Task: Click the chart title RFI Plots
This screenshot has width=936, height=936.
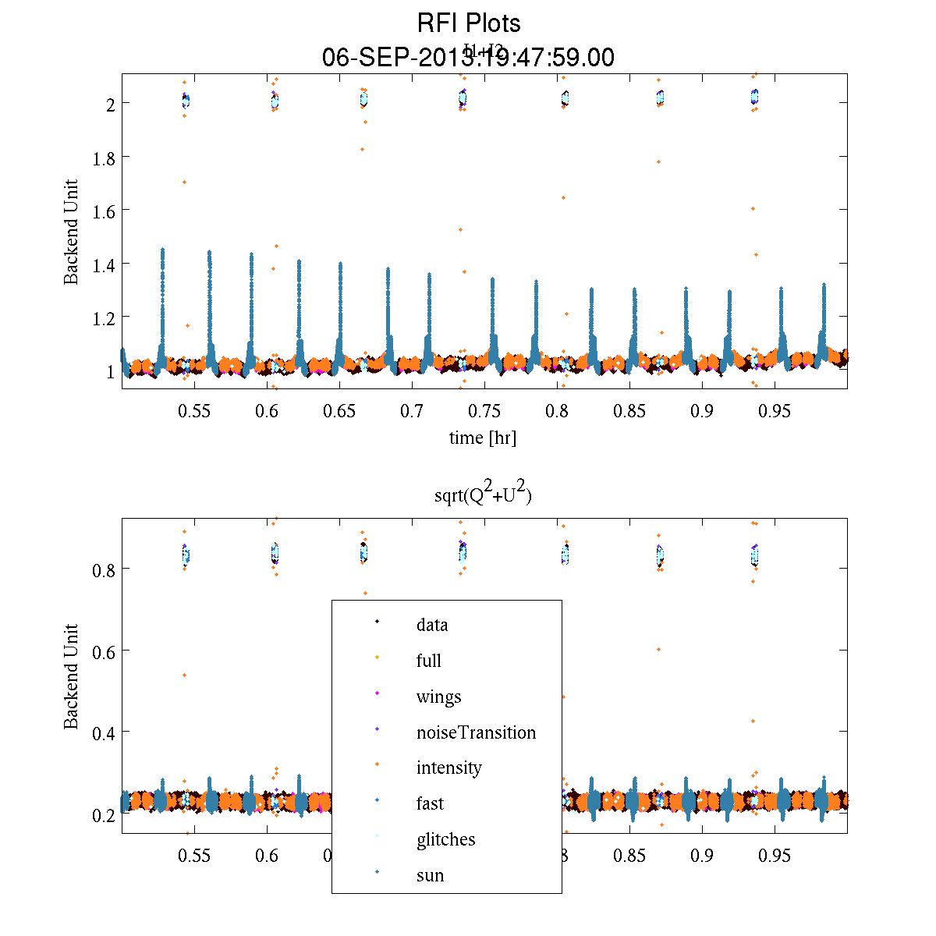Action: [x=469, y=23]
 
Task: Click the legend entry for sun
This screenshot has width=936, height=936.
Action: [x=430, y=875]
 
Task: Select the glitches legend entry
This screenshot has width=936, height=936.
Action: [x=445, y=839]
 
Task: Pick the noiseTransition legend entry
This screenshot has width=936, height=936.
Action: [x=476, y=732]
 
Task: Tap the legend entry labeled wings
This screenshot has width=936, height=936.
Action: [x=438, y=697]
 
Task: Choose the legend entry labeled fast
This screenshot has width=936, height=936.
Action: [x=430, y=803]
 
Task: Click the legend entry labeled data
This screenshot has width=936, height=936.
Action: [x=432, y=625]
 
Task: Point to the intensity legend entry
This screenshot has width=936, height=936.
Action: [x=448, y=768]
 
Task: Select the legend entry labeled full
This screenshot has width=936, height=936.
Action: [x=428, y=661]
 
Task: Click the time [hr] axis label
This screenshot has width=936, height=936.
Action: [x=482, y=438]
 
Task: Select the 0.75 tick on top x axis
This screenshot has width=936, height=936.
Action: [x=484, y=411]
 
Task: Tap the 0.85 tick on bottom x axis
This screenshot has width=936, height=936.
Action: [x=629, y=856]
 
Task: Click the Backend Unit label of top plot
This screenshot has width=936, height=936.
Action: [x=72, y=232]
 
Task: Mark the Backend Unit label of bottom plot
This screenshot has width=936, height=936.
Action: [x=72, y=676]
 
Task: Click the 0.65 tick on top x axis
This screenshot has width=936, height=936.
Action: [x=339, y=411]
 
